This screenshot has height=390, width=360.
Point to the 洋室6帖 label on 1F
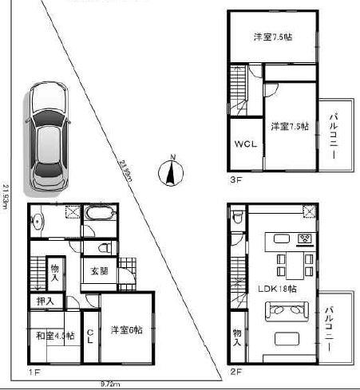pyautogui.click(x=126, y=330)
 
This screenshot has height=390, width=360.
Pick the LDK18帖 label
pyautogui.click(x=276, y=288)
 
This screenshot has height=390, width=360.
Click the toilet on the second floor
pyautogui.click(x=235, y=240)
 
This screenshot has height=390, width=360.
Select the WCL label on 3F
pyautogui.click(x=243, y=145)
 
